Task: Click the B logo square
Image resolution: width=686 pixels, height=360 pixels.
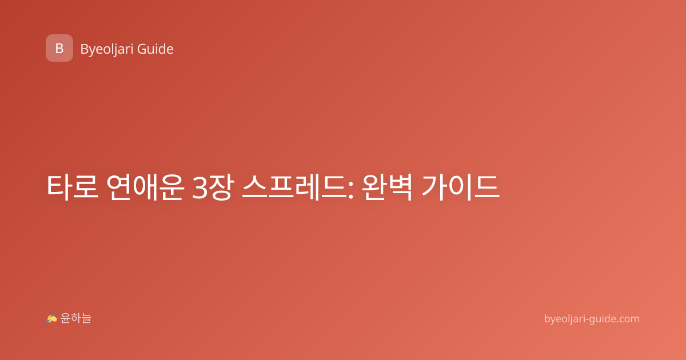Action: pos(59,48)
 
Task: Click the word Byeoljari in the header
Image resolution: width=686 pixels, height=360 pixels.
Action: pos(107,49)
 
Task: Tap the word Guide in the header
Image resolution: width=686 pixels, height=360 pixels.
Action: pos(155,49)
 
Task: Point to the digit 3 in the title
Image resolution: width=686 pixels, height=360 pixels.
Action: pos(200,187)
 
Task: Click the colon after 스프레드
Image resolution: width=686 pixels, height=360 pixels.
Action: pos(351,190)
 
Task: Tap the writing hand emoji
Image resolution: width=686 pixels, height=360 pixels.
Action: pos(52,318)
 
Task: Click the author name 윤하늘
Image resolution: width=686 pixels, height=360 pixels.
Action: pos(75,318)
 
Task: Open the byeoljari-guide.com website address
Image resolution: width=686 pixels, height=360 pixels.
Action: pos(592,319)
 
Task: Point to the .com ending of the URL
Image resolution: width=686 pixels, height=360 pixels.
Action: pos(627,319)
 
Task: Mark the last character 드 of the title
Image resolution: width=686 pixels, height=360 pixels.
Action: pos(486,187)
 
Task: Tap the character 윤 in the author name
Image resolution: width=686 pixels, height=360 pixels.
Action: pos(65,318)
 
